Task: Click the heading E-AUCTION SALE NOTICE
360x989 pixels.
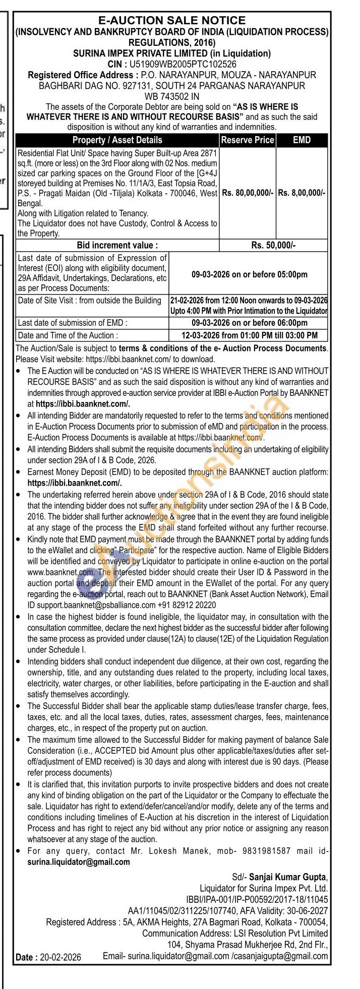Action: (x=171, y=20)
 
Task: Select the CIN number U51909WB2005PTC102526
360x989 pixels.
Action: (x=183, y=65)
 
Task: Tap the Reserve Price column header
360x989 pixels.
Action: (x=248, y=140)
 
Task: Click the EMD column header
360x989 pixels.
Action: (x=302, y=140)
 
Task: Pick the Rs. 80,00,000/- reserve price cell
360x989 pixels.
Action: (x=248, y=193)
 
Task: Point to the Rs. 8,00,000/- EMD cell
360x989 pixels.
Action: (x=302, y=193)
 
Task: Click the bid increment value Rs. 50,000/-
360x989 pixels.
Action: (x=273, y=246)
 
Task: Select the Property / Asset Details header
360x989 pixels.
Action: (x=117, y=140)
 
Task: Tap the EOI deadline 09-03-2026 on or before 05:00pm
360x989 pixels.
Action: (x=249, y=274)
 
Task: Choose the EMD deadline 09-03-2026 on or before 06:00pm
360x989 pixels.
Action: (x=249, y=323)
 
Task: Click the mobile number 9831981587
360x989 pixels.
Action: (x=267, y=851)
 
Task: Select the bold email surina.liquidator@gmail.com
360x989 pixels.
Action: (x=79, y=862)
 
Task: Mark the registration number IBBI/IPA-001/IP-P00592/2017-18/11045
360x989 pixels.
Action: (x=257, y=899)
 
